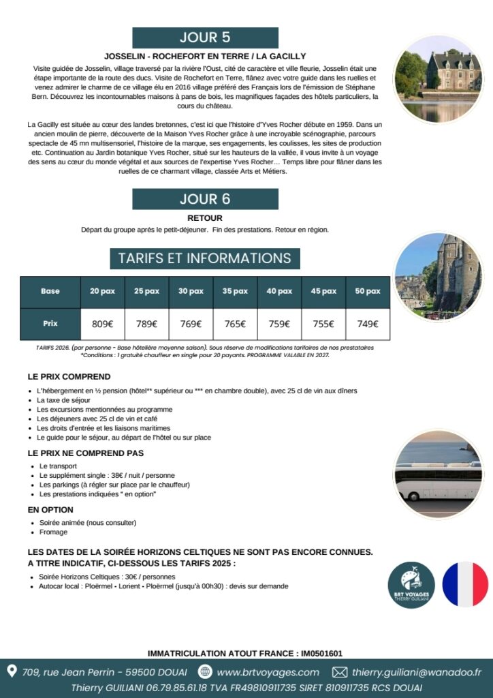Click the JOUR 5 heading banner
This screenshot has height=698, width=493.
205,37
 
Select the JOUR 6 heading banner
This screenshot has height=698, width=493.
205,199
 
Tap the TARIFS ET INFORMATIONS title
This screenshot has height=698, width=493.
204,258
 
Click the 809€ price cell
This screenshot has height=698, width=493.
102,324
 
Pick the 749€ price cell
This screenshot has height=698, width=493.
368,324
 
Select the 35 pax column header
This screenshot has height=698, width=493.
235,291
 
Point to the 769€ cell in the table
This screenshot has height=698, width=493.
191,324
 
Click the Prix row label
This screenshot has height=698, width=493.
50,324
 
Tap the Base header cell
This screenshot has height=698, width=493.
50,291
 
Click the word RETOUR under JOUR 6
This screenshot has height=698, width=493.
204,218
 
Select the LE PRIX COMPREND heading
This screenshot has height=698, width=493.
69,376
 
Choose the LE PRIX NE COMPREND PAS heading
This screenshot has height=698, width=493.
86,453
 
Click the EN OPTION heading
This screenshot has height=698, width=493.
50,510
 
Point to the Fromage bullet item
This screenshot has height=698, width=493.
53,532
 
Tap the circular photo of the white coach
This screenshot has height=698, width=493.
438,474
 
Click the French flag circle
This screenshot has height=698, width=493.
465,584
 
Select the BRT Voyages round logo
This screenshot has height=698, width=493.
411,585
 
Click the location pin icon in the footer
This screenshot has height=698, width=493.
12,671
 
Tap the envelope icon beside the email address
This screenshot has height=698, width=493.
339,672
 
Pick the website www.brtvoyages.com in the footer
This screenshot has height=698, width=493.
268,672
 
